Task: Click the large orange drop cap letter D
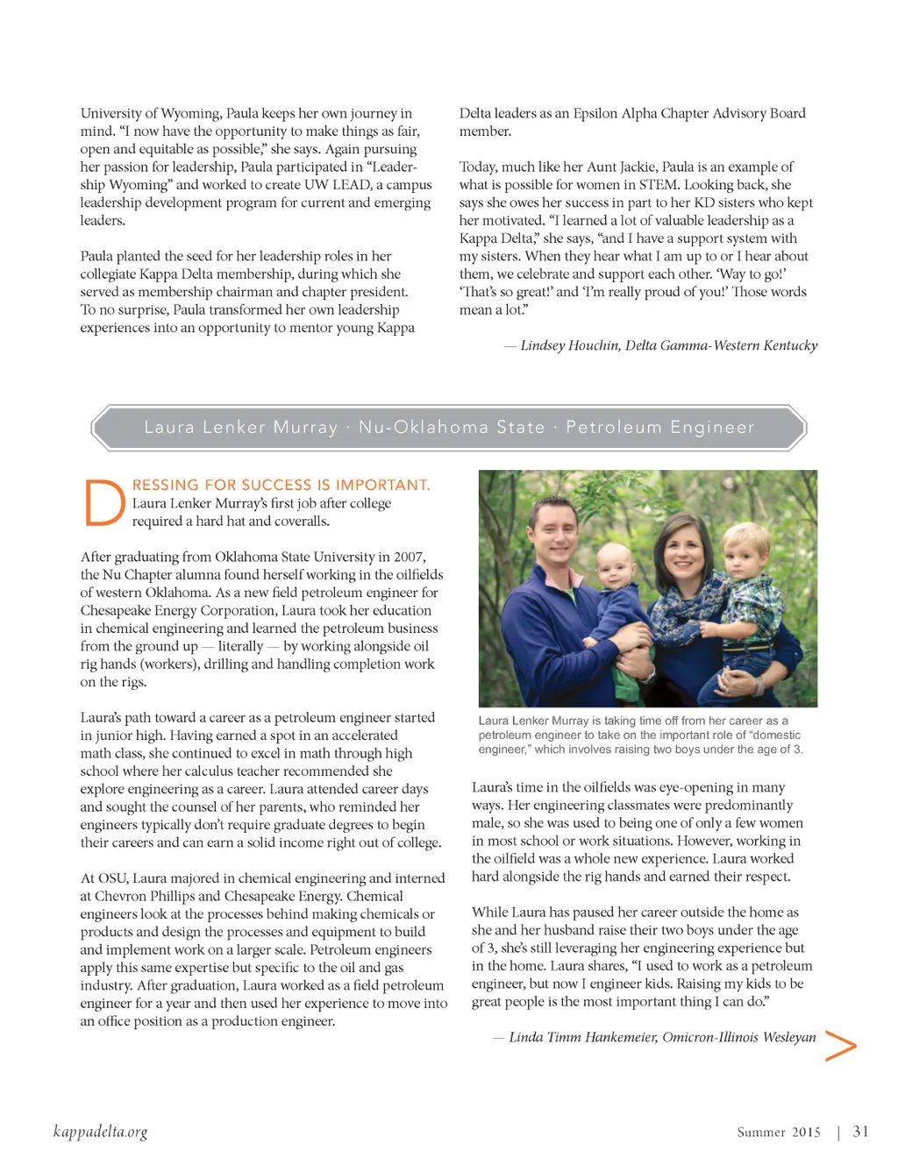[104, 502]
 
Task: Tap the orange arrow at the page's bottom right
[840, 1045]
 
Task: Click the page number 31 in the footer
[860, 1132]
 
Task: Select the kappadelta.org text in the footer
[100, 1132]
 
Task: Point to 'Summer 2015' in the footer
[779, 1133]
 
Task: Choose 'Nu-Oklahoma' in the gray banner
[424, 427]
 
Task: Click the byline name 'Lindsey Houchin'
[568, 345]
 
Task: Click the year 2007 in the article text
[409, 557]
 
